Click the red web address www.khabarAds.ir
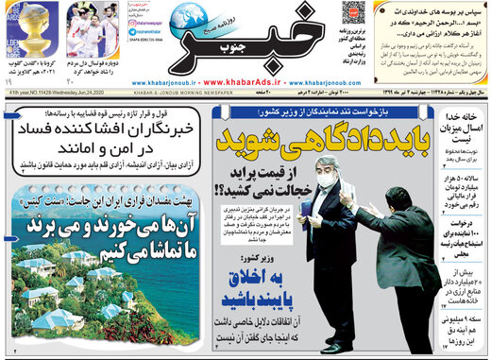pyautogui.click(x=244, y=81)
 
